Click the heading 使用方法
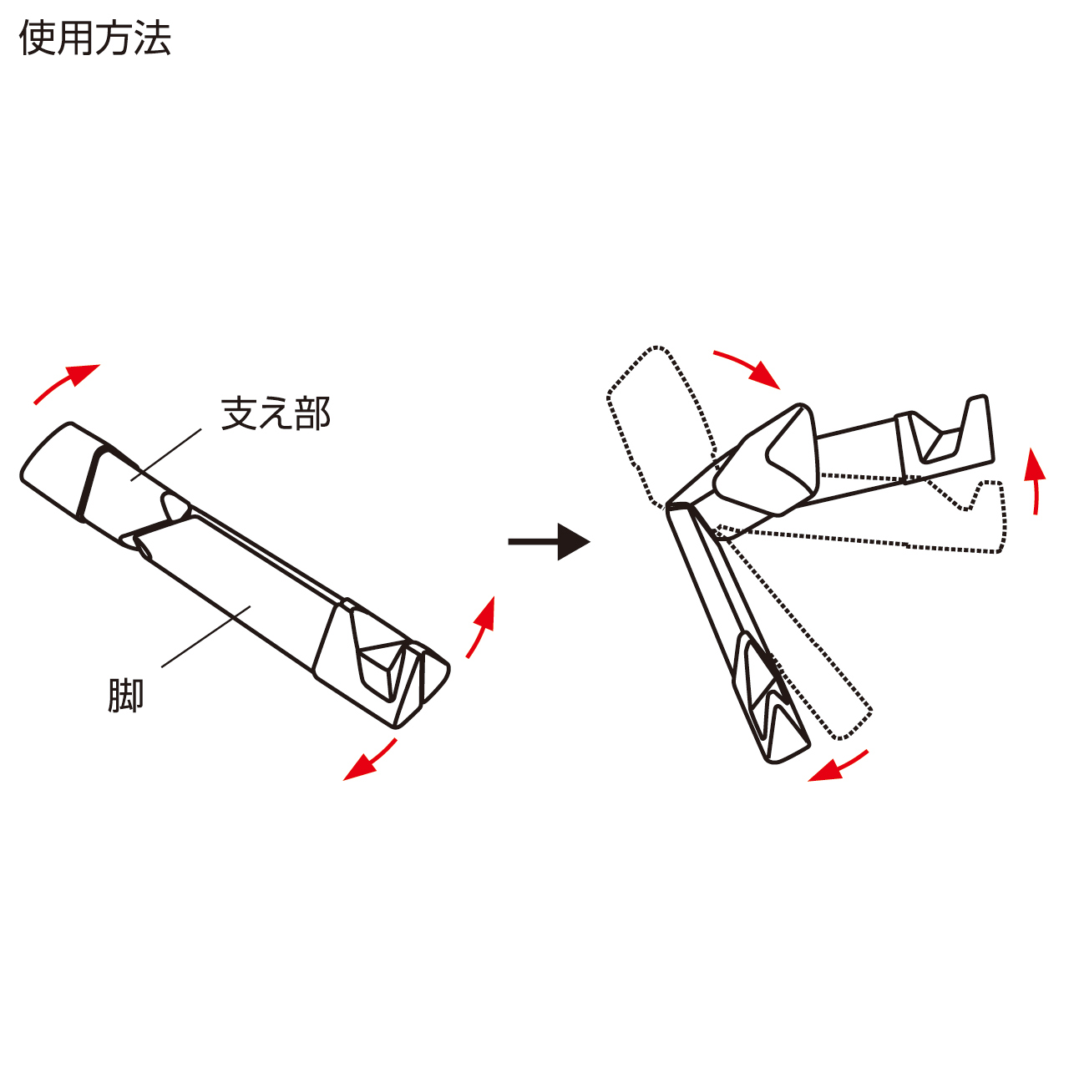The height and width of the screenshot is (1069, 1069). coord(95,38)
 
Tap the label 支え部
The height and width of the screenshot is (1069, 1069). coord(276,413)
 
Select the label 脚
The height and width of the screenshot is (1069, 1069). coord(126,696)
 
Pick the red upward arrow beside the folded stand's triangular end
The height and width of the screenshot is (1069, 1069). coord(481,627)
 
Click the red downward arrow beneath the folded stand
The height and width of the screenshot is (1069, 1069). coord(369,761)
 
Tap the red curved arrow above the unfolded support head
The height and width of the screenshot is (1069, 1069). coord(747,368)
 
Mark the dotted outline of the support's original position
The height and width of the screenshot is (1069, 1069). coord(660,426)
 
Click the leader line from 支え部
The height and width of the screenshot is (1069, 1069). coord(167,455)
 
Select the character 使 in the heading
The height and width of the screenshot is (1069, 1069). coord(38,38)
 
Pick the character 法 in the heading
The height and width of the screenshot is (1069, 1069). coord(153,38)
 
